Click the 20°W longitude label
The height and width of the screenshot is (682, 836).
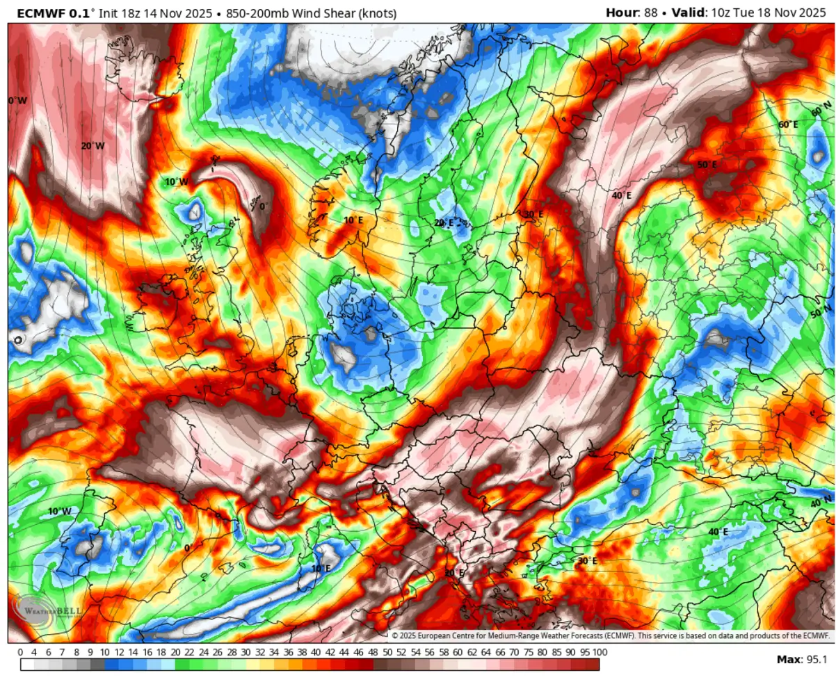pos(93,146)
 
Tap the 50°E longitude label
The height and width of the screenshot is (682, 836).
pos(707,165)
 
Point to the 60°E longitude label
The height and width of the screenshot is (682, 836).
pos(788,124)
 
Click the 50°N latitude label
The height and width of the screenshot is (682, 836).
pos(821,311)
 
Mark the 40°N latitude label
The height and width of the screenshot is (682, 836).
pos(821,502)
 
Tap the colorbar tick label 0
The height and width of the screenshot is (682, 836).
pos(20,652)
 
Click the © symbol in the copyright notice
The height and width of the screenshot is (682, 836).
pos(394,635)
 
